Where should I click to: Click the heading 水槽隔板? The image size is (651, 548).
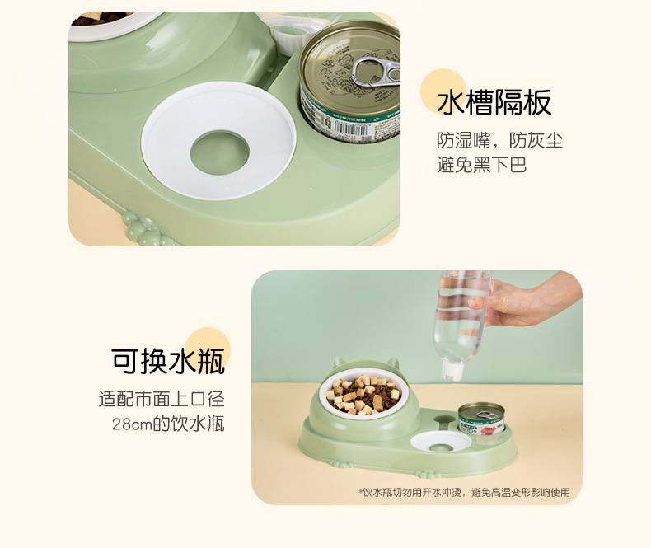click(494, 103)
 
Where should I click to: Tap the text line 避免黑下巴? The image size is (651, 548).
click(481, 165)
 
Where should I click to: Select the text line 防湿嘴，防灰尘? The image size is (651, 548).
click(499, 140)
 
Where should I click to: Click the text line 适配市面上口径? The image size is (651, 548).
click(162, 400)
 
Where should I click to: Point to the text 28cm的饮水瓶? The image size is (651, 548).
click(168, 424)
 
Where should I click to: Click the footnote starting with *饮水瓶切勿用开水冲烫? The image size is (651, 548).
click(465, 492)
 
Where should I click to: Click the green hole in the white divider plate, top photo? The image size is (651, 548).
click(219, 152)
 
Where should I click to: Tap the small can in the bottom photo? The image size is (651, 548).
click(480, 419)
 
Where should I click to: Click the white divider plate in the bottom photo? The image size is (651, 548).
click(440, 441)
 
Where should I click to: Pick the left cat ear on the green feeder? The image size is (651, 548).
click(339, 364)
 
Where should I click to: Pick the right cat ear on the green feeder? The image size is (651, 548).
click(394, 364)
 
